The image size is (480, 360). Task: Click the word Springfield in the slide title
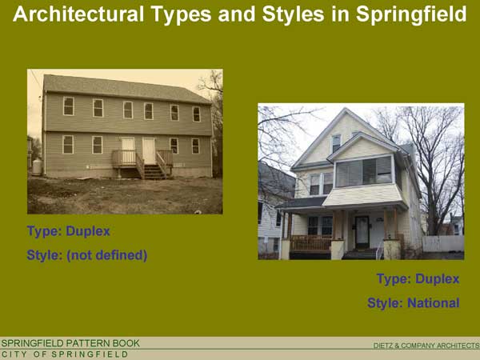click(411, 14)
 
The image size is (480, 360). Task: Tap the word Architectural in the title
click(78, 14)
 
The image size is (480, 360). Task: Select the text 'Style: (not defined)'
click(87, 255)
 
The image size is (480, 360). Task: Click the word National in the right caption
click(433, 303)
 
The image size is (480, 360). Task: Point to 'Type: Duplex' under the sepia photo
click(68, 231)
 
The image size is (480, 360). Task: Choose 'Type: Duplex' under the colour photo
click(418, 279)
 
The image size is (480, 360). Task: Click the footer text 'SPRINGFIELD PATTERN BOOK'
click(70, 343)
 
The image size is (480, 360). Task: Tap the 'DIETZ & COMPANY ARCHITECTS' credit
click(426, 346)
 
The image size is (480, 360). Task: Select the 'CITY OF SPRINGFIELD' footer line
click(65, 354)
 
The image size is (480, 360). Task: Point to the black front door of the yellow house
click(362, 232)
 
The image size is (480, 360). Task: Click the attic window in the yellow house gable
click(336, 142)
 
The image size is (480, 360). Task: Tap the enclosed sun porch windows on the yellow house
click(364, 171)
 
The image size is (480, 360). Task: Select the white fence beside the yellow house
click(443, 244)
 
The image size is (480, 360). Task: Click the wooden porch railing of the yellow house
click(310, 244)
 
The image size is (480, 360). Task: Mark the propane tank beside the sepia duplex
click(37, 167)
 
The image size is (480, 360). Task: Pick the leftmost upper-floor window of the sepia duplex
click(69, 106)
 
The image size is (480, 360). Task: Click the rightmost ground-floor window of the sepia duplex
click(196, 146)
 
